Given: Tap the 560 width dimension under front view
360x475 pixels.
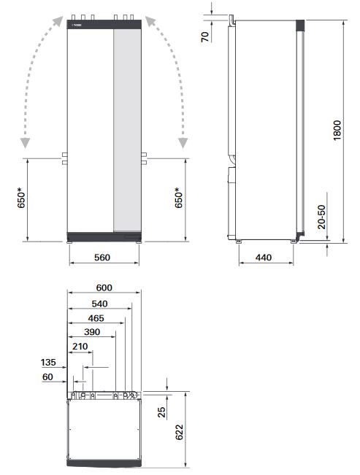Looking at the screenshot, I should pos(103,257).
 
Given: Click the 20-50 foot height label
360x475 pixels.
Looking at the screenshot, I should pos(322,216).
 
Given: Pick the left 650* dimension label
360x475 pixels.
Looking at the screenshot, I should pos(21,198).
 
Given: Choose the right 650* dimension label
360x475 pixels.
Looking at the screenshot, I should pos(178,198).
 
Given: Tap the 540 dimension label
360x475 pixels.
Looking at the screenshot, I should pos(97,304).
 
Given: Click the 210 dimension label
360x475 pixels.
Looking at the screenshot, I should pos(80,347).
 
